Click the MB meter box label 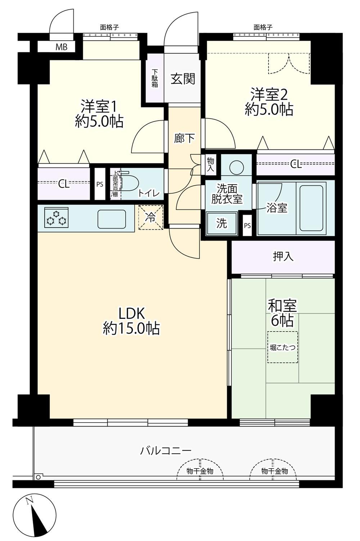point(61,47)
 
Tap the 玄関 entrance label point(183,78)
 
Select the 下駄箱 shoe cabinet point(155,78)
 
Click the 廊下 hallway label point(184,138)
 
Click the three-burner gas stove point(56,218)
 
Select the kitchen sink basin point(112,219)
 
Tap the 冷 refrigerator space point(150,217)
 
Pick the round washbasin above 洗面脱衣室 point(237,167)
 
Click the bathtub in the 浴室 point(311,208)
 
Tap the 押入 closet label point(283,256)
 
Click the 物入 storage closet point(210,164)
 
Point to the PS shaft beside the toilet point(100,184)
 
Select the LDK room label point(131,314)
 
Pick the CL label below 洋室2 point(296,165)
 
